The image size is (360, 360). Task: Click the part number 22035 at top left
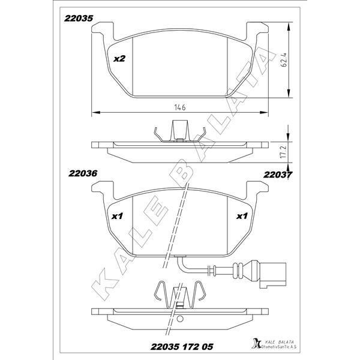[x=79, y=19]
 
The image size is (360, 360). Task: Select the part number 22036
[x=83, y=173]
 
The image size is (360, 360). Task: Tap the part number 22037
[x=278, y=175]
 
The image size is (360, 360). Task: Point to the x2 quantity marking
[x=119, y=59]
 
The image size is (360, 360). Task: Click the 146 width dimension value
[x=180, y=107]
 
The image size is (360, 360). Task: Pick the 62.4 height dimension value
[x=284, y=60]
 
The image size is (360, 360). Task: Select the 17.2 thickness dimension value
[x=284, y=151]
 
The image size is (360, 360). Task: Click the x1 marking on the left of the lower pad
[x=118, y=216]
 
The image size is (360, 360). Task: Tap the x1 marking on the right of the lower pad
[x=242, y=216]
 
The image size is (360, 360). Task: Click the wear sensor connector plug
[x=273, y=272]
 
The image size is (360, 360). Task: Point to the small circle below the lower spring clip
[x=180, y=319]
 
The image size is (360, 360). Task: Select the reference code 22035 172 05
[x=182, y=346]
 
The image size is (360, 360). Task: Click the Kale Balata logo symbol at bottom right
[x=256, y=343]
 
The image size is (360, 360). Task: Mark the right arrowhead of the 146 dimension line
[x=264, y=113]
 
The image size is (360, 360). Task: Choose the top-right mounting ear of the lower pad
[x=257, y=188]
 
